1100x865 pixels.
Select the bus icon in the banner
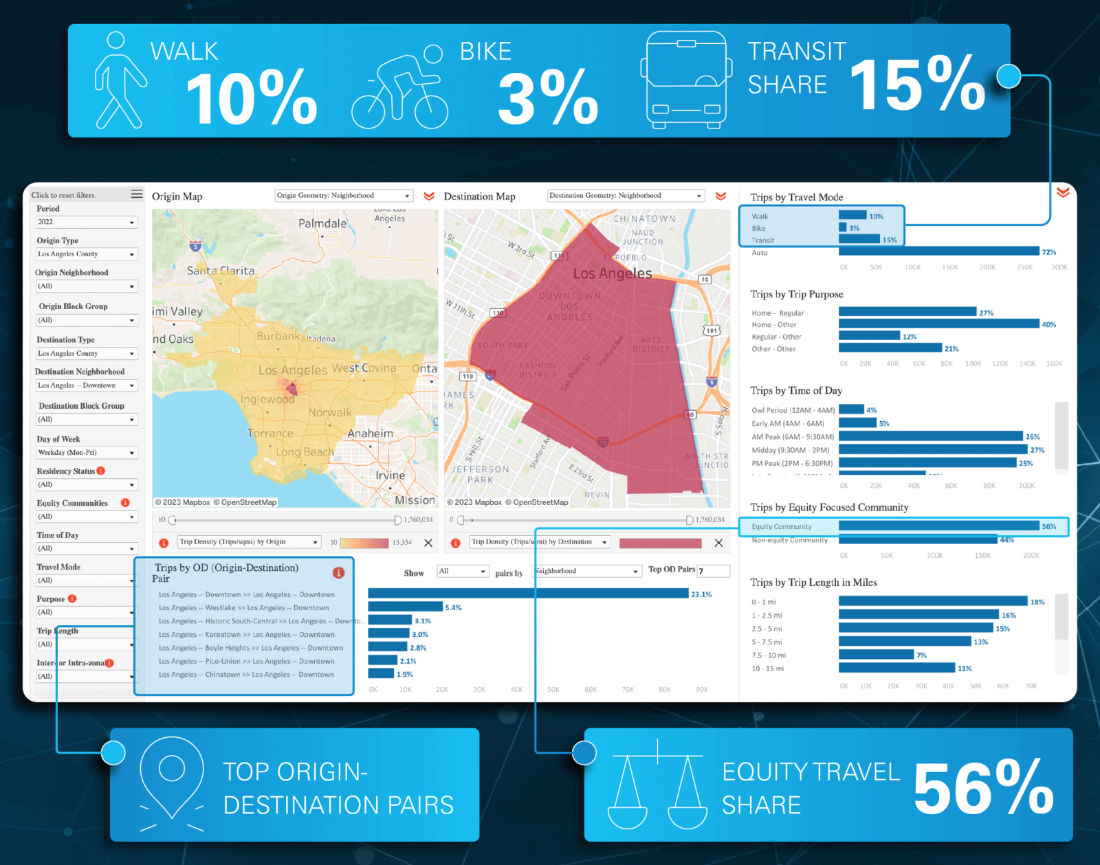click(685, 80)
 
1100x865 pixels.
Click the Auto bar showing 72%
click(938, 251)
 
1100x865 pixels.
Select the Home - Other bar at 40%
click(938, 324)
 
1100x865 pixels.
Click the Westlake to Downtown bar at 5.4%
click(405, 607)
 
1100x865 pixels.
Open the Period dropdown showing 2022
click(87, 222)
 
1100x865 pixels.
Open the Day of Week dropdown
click(87, 453)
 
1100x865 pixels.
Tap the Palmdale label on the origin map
click(322, 224)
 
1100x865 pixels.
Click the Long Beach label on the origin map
click(305, 452)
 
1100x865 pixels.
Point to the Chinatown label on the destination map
click(644, 219)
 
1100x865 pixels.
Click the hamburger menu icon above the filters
click(137, 194)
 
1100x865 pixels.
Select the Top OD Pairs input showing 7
click(713, 571)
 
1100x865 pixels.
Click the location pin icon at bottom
click(172, 783)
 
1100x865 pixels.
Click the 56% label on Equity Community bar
click(1048, 526)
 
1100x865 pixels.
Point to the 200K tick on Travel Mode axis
click(987, 267)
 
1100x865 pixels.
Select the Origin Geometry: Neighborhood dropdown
click(343, 196)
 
